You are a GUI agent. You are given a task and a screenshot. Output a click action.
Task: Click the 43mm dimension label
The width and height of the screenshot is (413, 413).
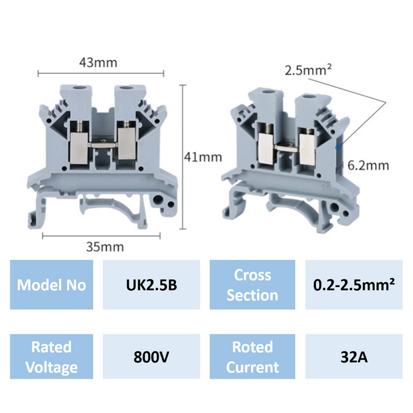click(98, 62)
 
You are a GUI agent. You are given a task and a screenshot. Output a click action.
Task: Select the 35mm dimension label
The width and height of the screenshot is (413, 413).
click(105, 246)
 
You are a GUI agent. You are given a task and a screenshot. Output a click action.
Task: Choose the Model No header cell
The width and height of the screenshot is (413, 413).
click(52, 285)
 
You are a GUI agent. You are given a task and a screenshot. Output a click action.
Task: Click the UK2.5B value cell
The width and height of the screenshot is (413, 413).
click(152, 285)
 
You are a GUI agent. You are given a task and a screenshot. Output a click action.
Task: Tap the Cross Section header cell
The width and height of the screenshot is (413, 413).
click(252, 285)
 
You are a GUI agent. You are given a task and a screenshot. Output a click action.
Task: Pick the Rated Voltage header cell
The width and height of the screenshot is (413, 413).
click(52, 357)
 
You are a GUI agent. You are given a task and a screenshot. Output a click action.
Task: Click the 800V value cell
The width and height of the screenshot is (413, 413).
click(152, 357)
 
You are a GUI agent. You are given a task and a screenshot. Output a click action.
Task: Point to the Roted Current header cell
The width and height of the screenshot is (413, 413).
click(252, 357)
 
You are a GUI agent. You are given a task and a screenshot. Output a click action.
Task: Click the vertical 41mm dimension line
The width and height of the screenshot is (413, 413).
click(184, 155)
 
